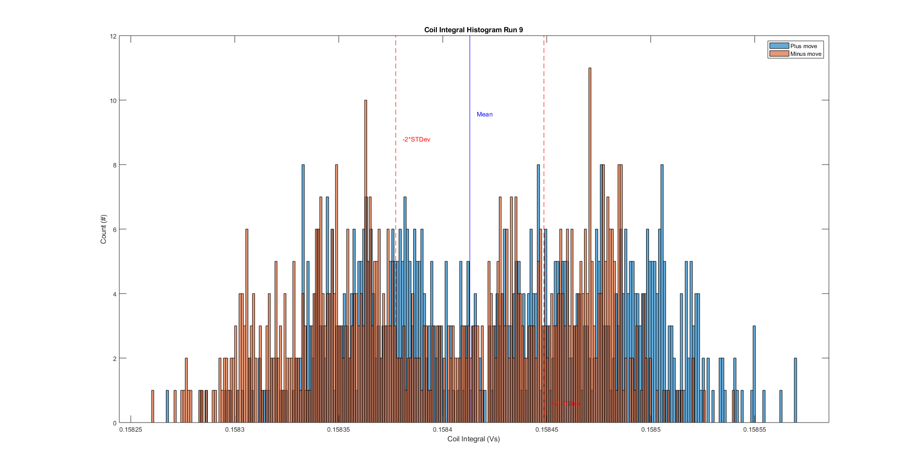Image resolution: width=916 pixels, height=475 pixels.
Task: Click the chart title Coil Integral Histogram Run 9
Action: (473, 30)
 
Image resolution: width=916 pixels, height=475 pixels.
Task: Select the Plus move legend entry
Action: (803, 46)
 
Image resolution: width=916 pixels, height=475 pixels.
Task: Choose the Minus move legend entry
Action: (805, 54)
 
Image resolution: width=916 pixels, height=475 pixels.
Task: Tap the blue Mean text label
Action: (484, 115)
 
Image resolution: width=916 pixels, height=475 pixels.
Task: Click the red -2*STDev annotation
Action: (416, 140)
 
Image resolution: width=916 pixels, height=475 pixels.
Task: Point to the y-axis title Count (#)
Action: (103, 229)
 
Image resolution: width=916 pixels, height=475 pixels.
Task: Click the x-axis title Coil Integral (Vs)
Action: (473, 439)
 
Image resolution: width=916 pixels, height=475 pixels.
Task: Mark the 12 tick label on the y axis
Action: (114, 37)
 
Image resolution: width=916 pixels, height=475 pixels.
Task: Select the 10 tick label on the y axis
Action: (114, 101)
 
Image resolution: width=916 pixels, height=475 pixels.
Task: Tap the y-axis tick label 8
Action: (115, 165)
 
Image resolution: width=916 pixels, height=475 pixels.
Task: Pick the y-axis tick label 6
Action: (115, 230)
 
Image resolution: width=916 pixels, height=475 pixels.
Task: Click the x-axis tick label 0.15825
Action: (131, 429)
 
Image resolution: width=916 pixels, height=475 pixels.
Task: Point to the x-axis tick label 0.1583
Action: (235, 429)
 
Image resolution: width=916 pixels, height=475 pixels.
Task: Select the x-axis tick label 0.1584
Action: (443, 429)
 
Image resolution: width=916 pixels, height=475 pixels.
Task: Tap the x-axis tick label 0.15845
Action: (547, 429)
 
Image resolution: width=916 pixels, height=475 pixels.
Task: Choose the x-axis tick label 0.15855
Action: (754, 429)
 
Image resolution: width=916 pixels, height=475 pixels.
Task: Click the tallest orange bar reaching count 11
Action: (590, 241)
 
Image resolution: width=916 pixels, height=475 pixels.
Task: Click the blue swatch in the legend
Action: (779, 46)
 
